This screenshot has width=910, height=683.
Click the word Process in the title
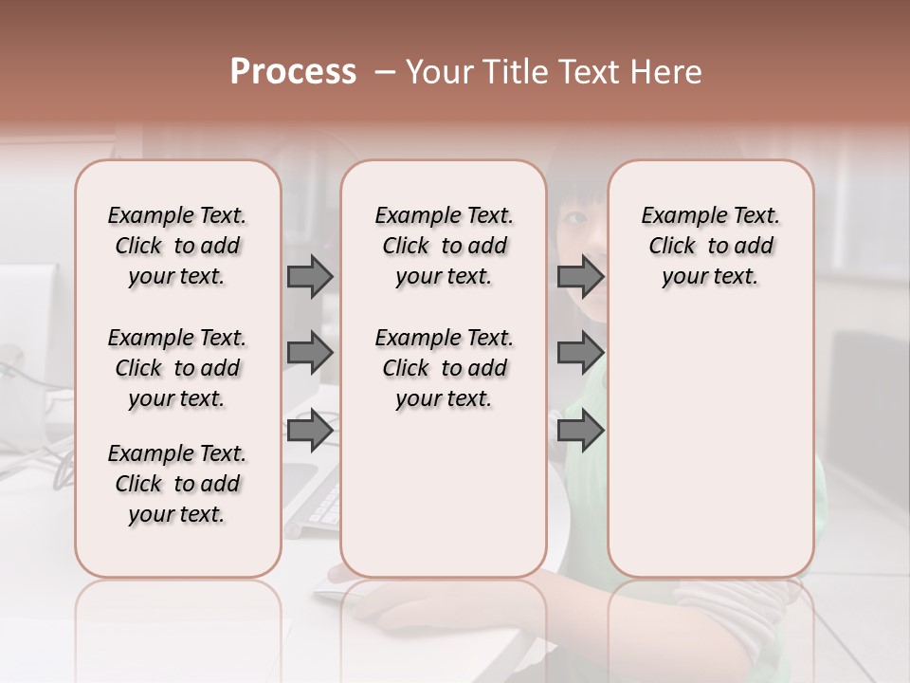click(x=293, y=72)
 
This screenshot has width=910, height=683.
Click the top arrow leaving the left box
click(x=310, y=276)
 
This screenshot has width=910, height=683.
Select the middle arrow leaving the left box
click(x=310, y=353)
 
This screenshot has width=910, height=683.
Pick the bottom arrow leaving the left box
click(x=310, y=431)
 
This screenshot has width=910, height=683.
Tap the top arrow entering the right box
click(x=580, y=276)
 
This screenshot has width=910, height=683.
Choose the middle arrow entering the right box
click(x=580, y=353)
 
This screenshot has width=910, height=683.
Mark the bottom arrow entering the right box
click(x=580, y=431)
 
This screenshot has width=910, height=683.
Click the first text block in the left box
click(x=177, y=246)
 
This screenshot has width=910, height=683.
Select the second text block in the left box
click(x=177, y=368)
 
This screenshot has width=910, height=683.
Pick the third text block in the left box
click(x=177, y=484)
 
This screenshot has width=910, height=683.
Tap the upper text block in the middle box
click(x=444, y=246)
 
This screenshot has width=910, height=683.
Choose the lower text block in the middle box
click(x=444, y=368)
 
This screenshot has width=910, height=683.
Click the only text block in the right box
click(x=710, y=246)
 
